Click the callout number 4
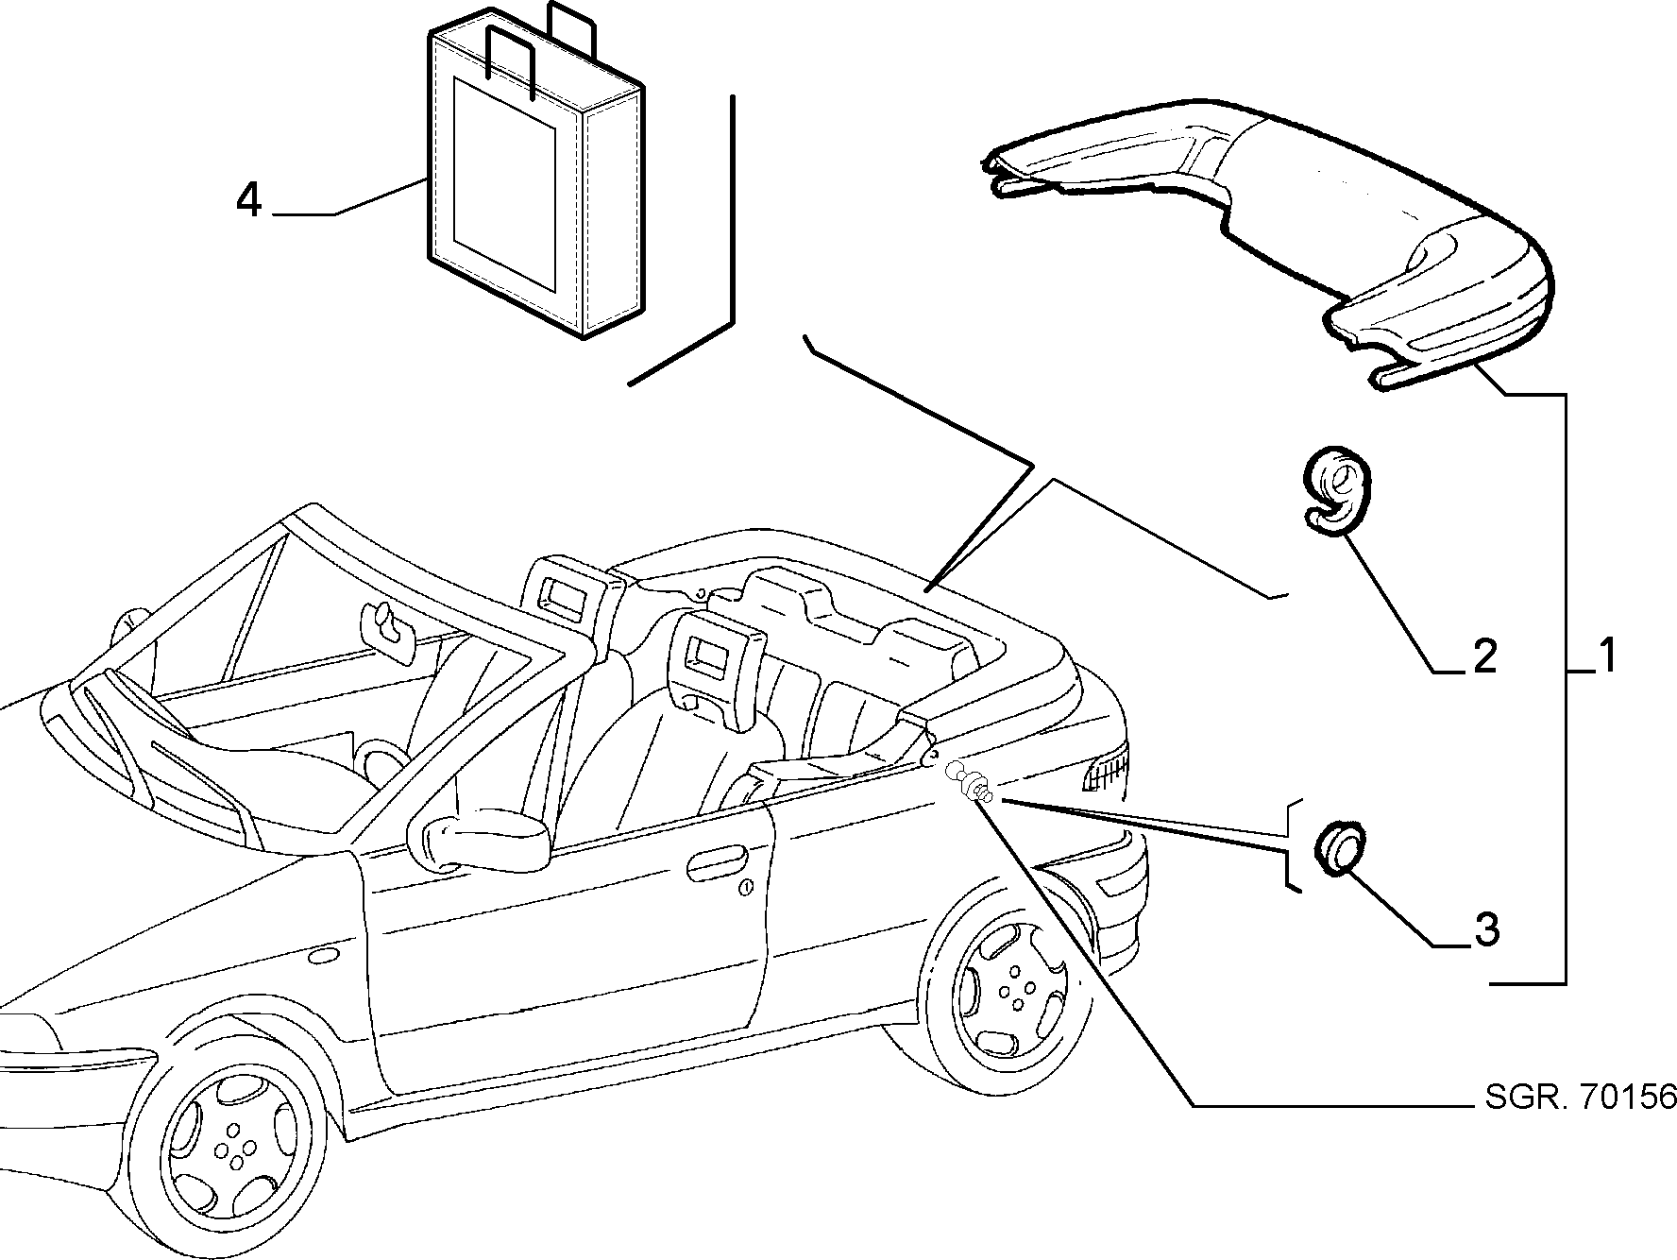[248, 200]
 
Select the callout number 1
[1606, 656]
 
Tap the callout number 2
[1485, 656]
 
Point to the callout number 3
[1485, 929]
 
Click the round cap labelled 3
[1340, 846]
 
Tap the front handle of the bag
[510, 60]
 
